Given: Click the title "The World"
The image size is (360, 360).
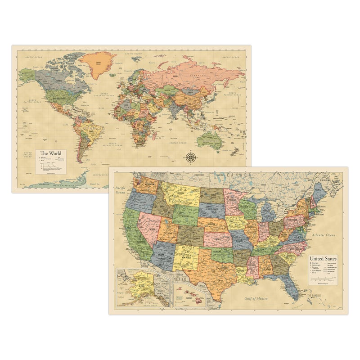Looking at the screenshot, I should pyautogui.click(x=50, y=153).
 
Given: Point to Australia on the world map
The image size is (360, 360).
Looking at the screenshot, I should pyautogui.click(x=208, y=140).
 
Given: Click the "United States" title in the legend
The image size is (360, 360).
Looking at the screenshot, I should pyautogui.click(x=323, y=259).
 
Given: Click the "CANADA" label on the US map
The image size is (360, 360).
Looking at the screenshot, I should pyautogui.click(x=239, y=174).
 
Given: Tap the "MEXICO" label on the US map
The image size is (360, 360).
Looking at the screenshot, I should pyautogui.click(x=180, y=279).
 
